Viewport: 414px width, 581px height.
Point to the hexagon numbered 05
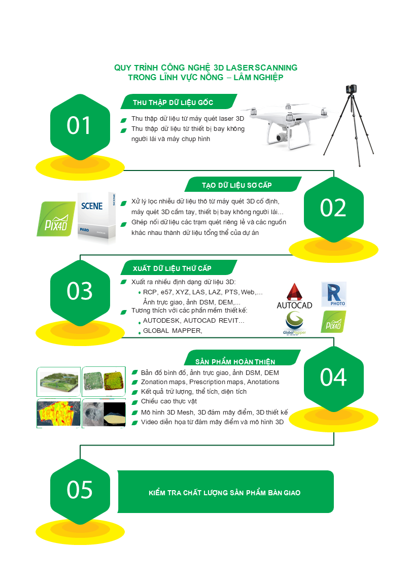click(80, 492)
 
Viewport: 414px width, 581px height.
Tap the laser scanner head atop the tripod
click(351, 89)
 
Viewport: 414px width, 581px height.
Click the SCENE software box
click(96, 217)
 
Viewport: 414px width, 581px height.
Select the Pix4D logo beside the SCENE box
click(56, 219)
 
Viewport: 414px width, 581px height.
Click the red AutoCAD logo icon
click(295, 292)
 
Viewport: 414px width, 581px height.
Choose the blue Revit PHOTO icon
click(334, 294)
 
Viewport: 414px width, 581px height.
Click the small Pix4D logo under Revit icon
click(333, 322)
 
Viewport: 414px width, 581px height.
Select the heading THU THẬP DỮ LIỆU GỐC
click(173, 102)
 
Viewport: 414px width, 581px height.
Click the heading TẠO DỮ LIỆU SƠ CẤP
click(237, 185)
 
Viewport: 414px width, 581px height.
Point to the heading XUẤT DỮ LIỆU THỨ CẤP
click(172, 268)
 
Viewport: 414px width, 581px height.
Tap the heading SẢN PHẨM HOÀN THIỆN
click(235, 362)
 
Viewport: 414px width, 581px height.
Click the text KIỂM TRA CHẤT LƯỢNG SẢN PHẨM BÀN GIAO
click(225, 493)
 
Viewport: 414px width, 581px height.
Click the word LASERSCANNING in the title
click(262, 68)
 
